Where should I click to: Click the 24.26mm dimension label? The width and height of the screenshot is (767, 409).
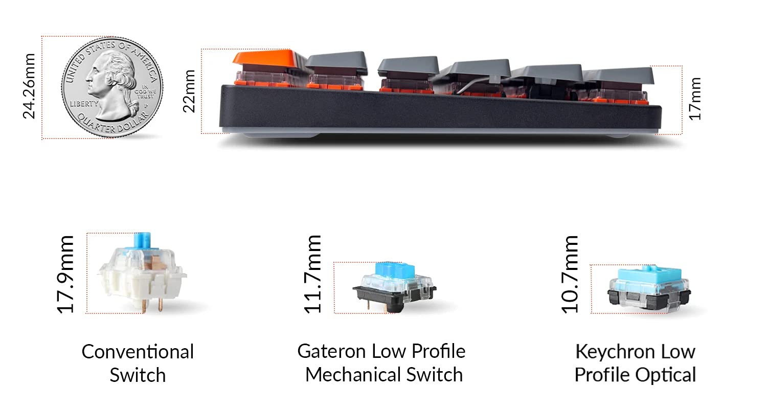coord(29,86)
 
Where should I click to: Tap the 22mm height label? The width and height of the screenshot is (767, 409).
coord(189,91)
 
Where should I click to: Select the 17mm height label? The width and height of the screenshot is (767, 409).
coord(695,99)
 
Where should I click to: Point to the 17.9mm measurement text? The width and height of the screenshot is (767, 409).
coord(65,274)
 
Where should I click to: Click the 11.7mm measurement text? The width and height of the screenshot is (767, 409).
coord(312,274)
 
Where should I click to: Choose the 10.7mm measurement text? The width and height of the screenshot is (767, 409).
coord(570,274)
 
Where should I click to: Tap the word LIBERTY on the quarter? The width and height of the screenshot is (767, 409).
coord(84,104)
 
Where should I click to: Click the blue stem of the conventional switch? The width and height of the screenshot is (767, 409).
coord(142,241)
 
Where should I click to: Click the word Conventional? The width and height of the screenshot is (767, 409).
coord(138,352)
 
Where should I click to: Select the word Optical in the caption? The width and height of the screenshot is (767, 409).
coord(666,375)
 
